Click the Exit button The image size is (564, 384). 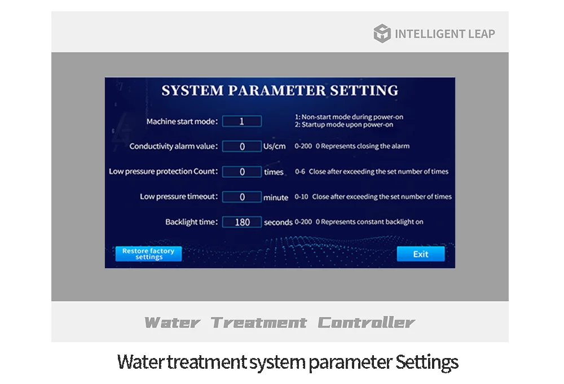point(421,254)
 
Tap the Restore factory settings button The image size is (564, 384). point(148,254)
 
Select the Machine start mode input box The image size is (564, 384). point(242,121)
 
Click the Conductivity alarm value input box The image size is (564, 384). point(242,146)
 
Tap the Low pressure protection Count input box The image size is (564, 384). point(242,172)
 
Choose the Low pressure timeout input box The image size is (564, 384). point(242,197)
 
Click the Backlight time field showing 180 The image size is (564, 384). point(242,222)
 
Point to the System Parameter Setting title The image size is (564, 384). point(280,90)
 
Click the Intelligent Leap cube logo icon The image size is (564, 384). point(382,33)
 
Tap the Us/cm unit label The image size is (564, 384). point(275,146)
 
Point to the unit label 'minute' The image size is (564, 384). point(276,198)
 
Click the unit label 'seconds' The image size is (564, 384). point(278,222)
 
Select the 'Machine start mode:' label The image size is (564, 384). point(182,121)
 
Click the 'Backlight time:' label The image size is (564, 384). point(191,222)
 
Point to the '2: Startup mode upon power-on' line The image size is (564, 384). point(344,125)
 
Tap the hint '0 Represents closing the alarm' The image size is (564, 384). point(363,146)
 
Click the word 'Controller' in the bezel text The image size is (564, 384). point(366,322)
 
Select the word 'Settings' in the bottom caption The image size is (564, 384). point(427,363)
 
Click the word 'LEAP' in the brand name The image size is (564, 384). point(481,34)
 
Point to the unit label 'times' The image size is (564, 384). point(274,172)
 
